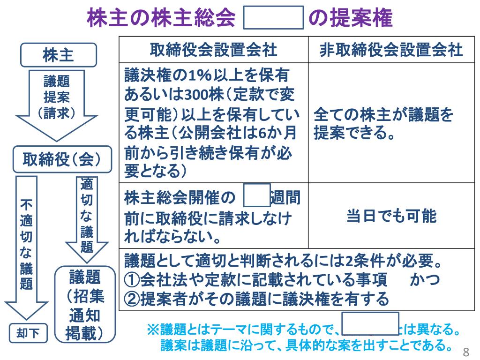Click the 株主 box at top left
[58, 55]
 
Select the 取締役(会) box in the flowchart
[62, 159]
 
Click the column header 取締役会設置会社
[213, 50]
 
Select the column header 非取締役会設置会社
[391, 50]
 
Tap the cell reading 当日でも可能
[391, 216]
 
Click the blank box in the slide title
[275, 20]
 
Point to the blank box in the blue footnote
[370, 323]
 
